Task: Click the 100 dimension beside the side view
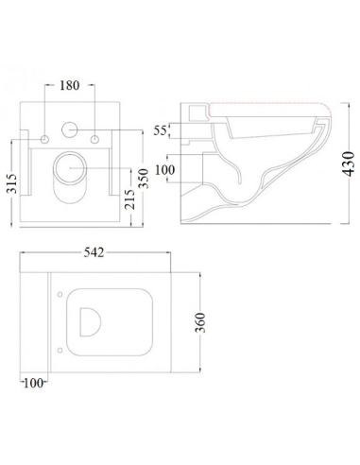point(166,170)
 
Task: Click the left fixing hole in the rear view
point(46,140)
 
